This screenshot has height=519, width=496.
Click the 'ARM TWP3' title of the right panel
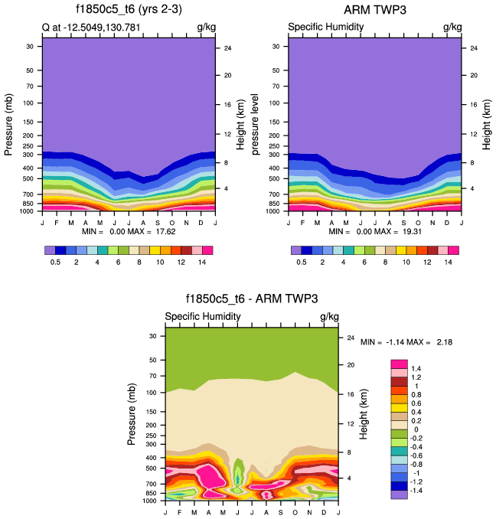click(x=375, y=11)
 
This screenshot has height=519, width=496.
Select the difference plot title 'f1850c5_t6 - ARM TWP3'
click(x=252, y=299)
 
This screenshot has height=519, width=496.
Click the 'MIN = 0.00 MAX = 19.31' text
click(x=375, y=230)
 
